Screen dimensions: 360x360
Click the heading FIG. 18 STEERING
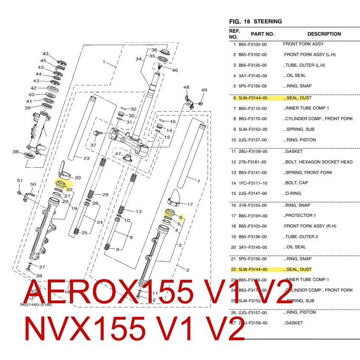click(255, 21)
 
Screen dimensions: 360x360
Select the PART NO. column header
click(262, 34)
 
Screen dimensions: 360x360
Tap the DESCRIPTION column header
click(324, 34)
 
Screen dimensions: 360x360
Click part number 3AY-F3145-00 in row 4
click(253, 76)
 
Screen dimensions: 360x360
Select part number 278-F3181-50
click(253, 162)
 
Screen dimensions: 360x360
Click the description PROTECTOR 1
click(300, 215)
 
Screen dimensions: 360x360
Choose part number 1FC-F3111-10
click(253, 183)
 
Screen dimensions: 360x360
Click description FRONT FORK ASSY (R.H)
click(307, 226)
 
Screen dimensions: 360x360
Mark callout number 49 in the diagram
click(204, 90)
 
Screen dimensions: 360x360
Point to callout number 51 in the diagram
click(20, 181)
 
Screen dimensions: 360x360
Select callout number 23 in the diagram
click(86, 158)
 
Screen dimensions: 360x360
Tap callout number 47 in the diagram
click(118, 153)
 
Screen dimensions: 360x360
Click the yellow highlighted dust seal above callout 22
click(60, 184)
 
